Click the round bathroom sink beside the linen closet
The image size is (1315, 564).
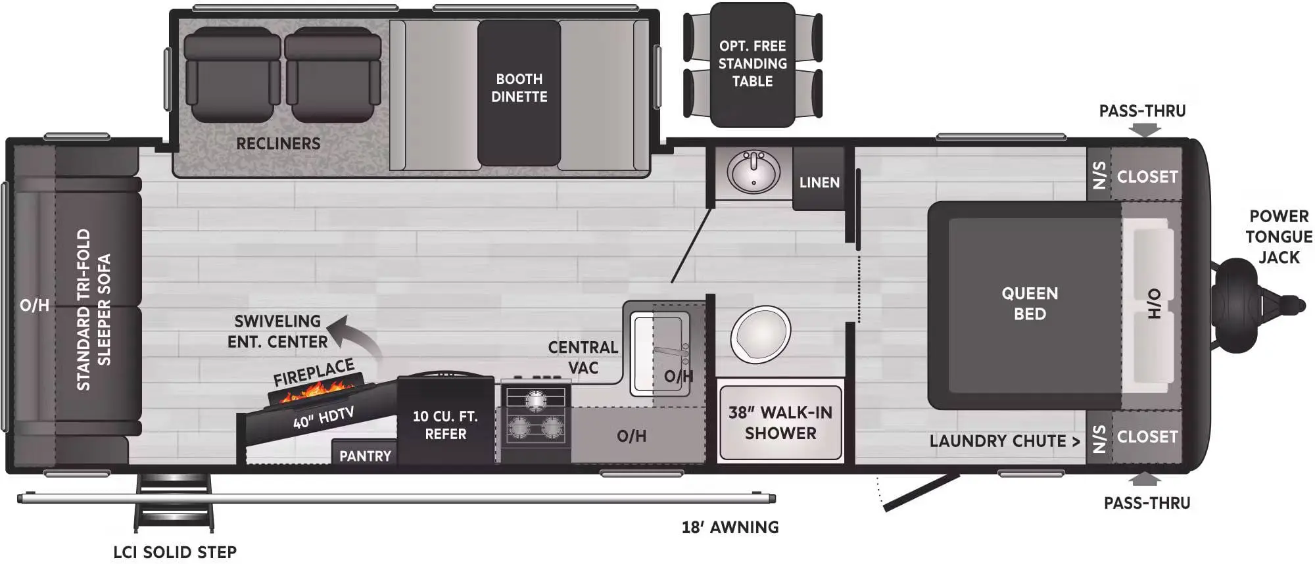pyautogui.click(x=753, y=172)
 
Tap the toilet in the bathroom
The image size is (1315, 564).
pyautogui.click(x=761, y=335)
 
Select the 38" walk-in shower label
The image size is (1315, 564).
pyautogui.click(x=780, y=423)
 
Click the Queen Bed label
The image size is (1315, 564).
pyautogui.click(x=1030, y=304)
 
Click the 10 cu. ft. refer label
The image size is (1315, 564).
pyautogui.click(x=445, y=425)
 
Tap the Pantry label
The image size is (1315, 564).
pyautogui.click(x=365, y=456)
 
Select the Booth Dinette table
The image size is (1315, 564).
pyautogui.click(x=519, y=93)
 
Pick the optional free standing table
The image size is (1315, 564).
pyautogui.click(x=753, y=64)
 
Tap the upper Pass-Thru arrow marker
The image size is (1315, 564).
pyautogui.click(x=1145, y=130)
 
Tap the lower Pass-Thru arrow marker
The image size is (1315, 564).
pyautogui.click(x=1145, y=479)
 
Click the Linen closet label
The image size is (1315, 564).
pyautogui.click(x=819, y=182)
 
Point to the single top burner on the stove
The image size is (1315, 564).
pyautogui.click(x=535, y=399)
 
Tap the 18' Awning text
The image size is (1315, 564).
pyautogui.click(x=730, y=527)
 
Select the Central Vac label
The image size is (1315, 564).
pyautogui.click(x=583, y=357)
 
